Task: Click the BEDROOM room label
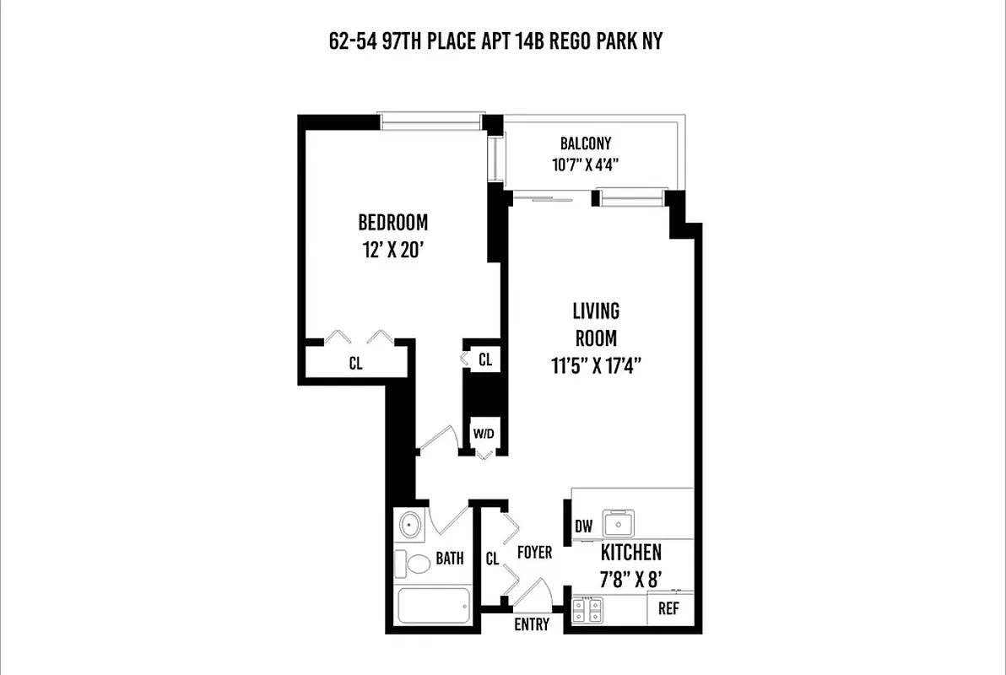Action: (x=393, y=223)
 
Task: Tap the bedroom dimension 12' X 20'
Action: (x=393, y=250)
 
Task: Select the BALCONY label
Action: (x=586, y=143)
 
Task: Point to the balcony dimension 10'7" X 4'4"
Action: (x=586, y=165)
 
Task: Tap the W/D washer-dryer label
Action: (x=484, y=435)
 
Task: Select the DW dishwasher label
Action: (x=583, y=526)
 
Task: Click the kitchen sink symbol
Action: (x=619, y=524)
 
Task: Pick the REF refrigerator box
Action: (x=668, y=608)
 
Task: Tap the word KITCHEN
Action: (x=630, y=553)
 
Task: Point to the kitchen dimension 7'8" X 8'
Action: (x=630, y=580)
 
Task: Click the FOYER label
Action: (x=534, y=553)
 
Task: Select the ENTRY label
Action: (x=532, y=625)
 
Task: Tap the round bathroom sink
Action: (x=411, y=525)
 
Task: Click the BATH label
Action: (x=450, y=559)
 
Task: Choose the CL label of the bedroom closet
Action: (x=355, y=364)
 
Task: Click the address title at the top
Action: (x=496, y=41)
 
